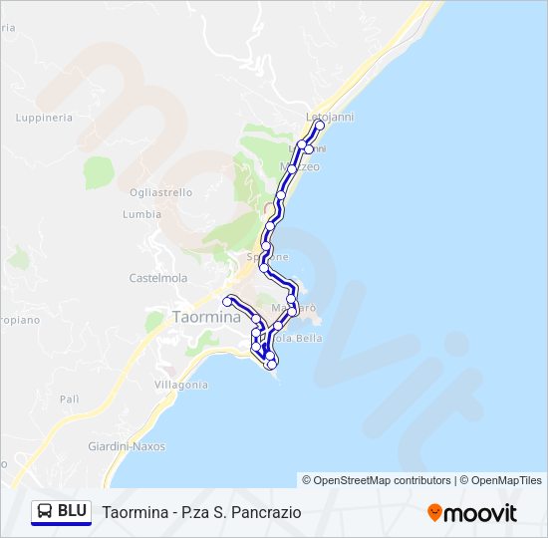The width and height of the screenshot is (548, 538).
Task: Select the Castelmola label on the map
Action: (152, 278)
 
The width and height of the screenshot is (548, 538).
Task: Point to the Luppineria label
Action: (44, 118)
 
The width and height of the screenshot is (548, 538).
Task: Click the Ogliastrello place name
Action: (160, 192)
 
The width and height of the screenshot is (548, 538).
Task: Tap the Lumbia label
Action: (141, 214)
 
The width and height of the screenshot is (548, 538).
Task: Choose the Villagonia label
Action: (181, 385)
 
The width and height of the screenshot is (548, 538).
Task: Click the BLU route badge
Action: (61, 511)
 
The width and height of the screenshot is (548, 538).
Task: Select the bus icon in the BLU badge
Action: (45, 511)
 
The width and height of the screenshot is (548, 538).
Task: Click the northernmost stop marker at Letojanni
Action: (319, 127)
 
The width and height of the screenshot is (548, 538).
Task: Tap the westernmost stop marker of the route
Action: (228, 301)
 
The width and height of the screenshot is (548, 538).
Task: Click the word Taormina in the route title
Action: (134, 512)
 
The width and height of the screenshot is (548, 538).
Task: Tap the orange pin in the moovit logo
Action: (434, 512)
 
